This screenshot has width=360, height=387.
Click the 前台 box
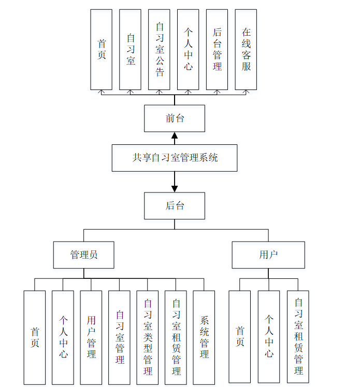point(175,118)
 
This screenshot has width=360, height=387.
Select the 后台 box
point(175,206)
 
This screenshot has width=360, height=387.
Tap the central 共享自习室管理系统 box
point(175,158)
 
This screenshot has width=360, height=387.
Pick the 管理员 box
point(83,255)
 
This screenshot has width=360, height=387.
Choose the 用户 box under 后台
point(268,255)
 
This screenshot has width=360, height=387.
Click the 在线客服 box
point(246,50)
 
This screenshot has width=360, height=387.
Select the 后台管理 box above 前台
point(217,50)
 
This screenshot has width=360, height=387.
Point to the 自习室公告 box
point(159,50)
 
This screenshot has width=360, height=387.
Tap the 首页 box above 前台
point(101,50)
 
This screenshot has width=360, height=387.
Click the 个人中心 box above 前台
point(188,50)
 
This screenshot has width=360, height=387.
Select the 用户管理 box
point(91,337)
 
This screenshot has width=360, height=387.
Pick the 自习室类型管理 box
point(148,337)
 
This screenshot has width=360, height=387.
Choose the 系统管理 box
point(204,337)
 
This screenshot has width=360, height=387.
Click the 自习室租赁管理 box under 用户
point(298,337)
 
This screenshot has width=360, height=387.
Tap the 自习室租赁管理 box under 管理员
point(176,337)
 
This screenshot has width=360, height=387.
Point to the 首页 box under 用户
point(240,337)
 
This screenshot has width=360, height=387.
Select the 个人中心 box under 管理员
point(63,337)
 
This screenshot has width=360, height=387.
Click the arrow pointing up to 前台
point(175,138)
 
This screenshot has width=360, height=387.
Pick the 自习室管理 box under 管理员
point(119,337)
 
